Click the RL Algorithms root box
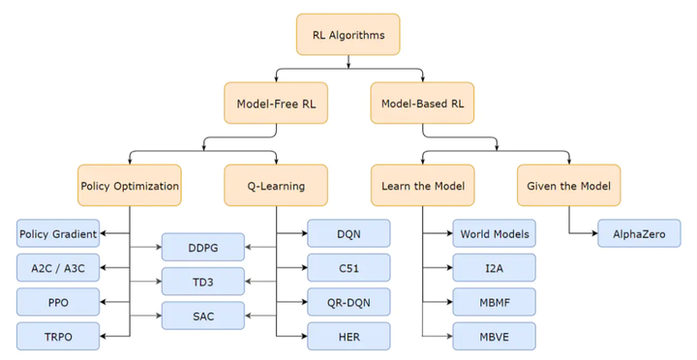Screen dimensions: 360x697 click(348, 35)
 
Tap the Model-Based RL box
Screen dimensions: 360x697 click(421, 103)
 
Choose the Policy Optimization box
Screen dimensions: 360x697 click(129, 185)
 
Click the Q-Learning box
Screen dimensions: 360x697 click(275, 185)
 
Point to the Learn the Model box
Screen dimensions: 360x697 click(422, 185)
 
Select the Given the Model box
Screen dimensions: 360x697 click(568, 185)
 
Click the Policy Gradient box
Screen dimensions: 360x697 click(57, 234)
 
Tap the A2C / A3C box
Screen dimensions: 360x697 click(57, 268)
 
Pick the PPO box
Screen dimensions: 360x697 click(57, 302)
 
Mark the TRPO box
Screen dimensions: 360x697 click(57, 336)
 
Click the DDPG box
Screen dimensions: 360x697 click(202, 248)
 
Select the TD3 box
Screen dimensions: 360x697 click(202, 282)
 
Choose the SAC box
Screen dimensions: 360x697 click(202, 315)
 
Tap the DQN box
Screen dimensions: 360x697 click(348, 234)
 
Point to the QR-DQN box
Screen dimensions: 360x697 click(348, 302)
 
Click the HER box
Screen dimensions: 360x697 click(348, 336)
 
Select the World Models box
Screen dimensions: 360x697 click(495, 234)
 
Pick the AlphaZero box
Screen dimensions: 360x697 click(640, 234)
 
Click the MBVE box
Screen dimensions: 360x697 click(495, 336)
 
